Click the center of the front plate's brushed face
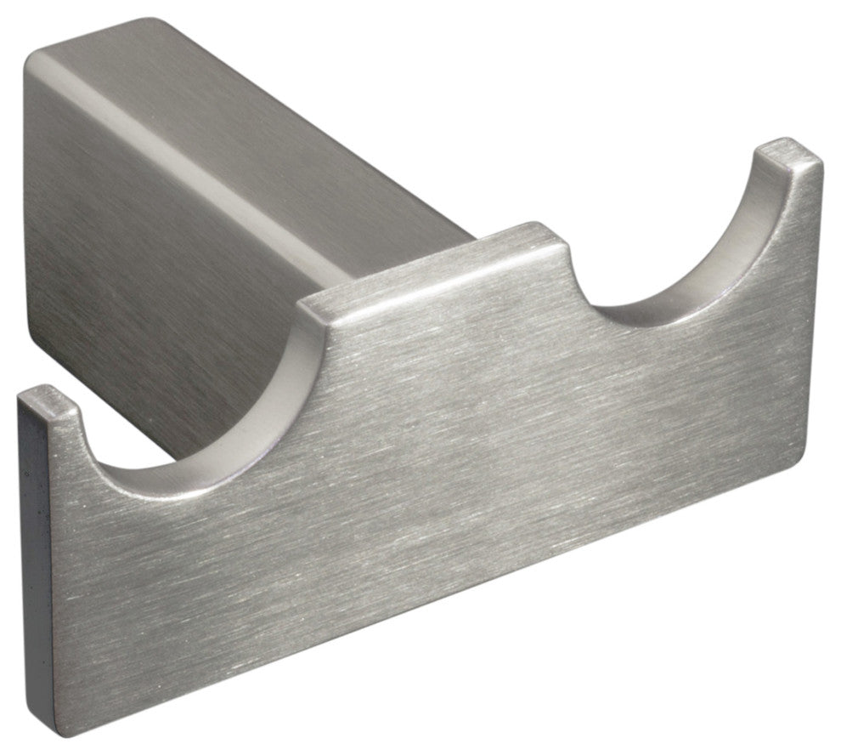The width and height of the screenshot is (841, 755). click(425, 476)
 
